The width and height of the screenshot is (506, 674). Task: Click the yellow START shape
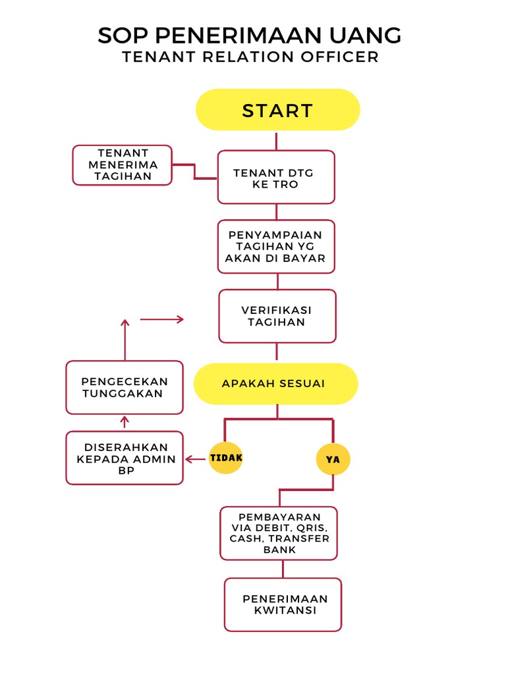click(277, 110)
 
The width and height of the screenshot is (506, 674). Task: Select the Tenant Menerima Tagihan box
click(122, 165)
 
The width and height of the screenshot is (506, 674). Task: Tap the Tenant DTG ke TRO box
click(276, 177)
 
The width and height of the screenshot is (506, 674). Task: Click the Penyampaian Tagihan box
click(276, 246)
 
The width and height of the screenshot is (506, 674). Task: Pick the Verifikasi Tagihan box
click(277, 316)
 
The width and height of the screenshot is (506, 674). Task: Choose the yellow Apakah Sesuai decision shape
click(275, 383)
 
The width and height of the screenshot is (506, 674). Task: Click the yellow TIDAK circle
click(226, 457)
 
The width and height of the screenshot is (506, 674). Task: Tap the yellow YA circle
click(333, 459)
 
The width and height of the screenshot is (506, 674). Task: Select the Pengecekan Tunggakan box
click(124, 387)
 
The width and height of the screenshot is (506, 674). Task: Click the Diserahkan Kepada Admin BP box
click(124, 458)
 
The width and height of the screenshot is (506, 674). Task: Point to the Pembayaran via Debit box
click(279, 533)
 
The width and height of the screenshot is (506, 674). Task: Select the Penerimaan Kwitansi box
click(283, 604)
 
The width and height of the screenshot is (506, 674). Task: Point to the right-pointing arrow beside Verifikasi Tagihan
click(162, 319)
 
